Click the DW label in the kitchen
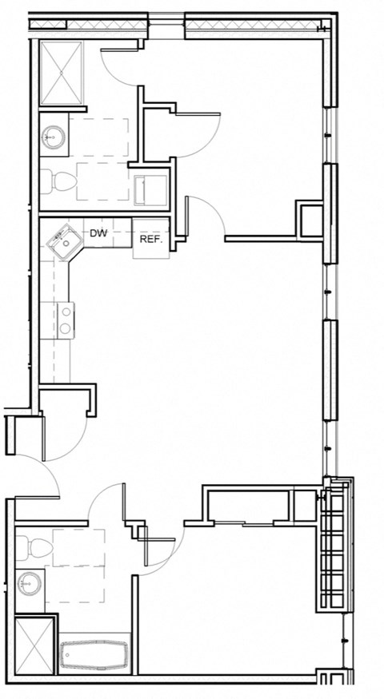98,234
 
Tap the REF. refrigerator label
151,239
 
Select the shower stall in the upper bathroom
62,73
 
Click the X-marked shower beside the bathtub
35,645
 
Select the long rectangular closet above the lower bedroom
247,506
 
